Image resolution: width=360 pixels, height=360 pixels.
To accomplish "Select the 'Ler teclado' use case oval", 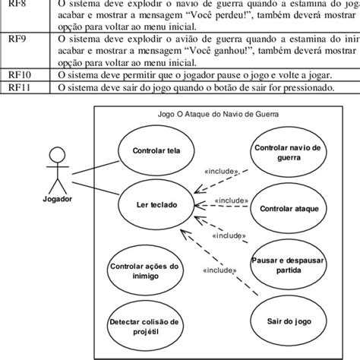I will coord(153,207).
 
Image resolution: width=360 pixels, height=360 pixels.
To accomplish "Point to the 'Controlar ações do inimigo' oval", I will coord(144,270).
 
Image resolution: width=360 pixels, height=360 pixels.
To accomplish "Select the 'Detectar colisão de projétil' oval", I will coord(144,326).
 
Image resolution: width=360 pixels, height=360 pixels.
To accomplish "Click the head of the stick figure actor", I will coord(54,154).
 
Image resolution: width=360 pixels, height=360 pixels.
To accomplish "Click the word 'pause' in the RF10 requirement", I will coord(221,74).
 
